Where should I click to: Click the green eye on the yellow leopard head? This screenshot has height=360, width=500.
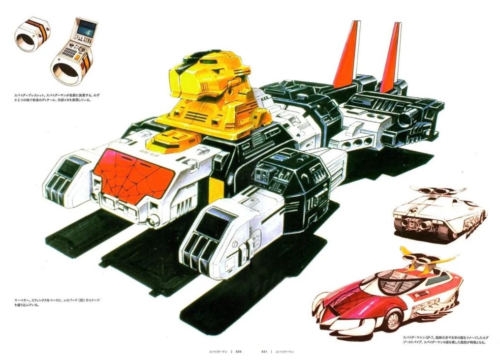[211, 62]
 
